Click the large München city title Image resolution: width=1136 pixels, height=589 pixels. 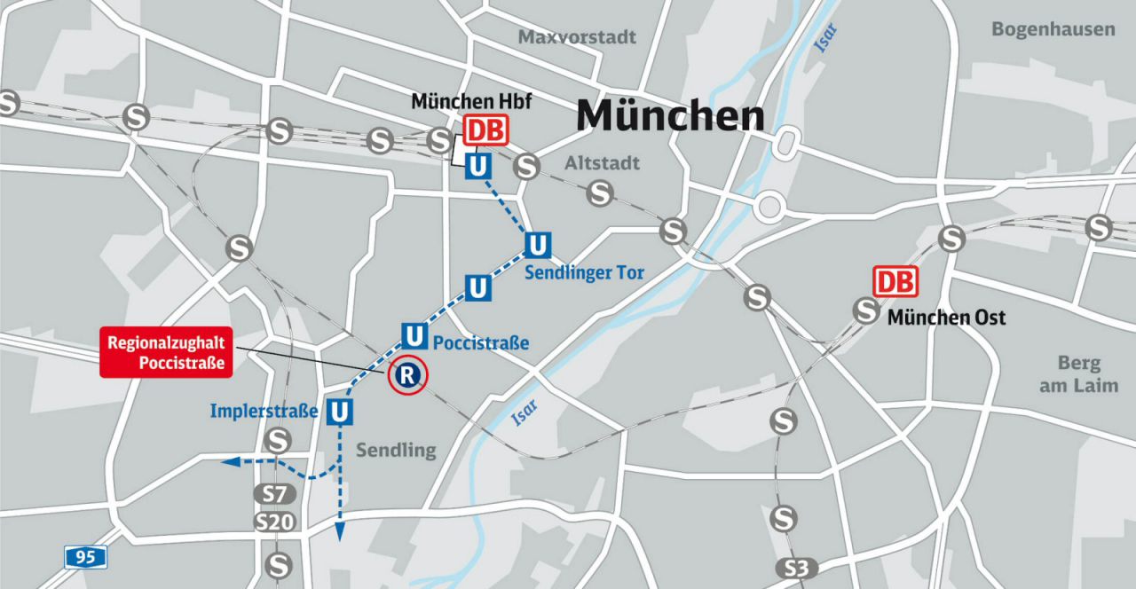tap(670, 116)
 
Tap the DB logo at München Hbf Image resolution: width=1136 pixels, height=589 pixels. tap(485, 131)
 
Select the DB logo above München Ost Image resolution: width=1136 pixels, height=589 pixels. tap(895, 282)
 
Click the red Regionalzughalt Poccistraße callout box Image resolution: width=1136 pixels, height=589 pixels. tap(166, 353)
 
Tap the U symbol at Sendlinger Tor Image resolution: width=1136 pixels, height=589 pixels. tap(538, 244)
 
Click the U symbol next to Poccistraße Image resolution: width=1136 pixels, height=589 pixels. tap(414, 335)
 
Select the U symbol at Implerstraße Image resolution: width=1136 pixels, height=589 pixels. tap(340, 412)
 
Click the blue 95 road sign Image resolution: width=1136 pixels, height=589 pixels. tap(86, 557)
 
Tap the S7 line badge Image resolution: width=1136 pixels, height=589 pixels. tap(273, 494)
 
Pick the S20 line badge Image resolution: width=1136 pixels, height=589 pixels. tap(274, 522)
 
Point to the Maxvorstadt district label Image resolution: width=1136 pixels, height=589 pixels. tap(578, 37)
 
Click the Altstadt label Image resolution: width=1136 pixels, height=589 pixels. tap(602, 163)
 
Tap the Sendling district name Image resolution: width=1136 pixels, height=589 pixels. tap(396, 451)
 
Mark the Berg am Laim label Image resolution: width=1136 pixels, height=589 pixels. tap(1079, 374)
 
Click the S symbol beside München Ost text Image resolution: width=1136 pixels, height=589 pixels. tap(866, 310)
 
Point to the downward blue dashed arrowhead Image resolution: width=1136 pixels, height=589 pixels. tap(338, 531)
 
